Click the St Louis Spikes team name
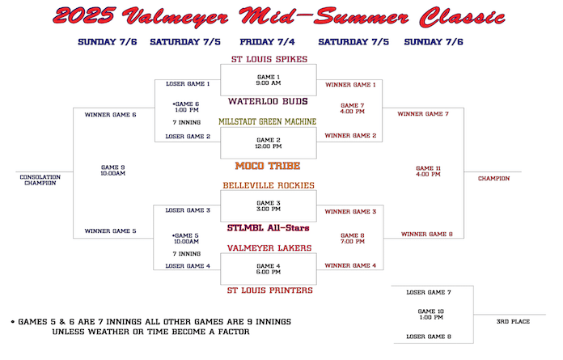pyautogui.click(x=269, y=59)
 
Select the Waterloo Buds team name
pyautogui.click(x=268, y=101)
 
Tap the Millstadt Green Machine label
pyautogui.click(x=268, y=121)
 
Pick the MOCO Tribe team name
pyautogui.click(x=268, y=166)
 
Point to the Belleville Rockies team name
pyautogui.click(x=269, y=185)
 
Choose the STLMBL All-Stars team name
pyautogui.click(x=269, y=228)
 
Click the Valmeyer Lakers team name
pyautogui.click(x=269, y=248)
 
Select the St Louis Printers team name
pyautogui.click(x=269, y=290)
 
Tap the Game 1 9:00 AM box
pyautogui.click(x=269, y=80)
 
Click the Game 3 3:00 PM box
pyautogui.click(x=269, y=206)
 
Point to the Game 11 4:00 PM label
pyautogui.click(x=428, y=172)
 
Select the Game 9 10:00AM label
pyautogui.click(x=113, y=171)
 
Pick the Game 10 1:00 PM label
pyautogui.click(x=431, y=315)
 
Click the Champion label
pyautogui.click(x=493, y=179)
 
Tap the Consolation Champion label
pyautogui.click(x=40, y=180)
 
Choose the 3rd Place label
pyautogui.click(x=513, y=322)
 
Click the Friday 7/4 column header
pyautogui.click(x=267, y=42)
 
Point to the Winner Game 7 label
pyautogui.click(x=423, y=114)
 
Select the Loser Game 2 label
pyautogui.click(x=188, y=137)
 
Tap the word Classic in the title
pyautogui.click(x=463, y=17)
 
